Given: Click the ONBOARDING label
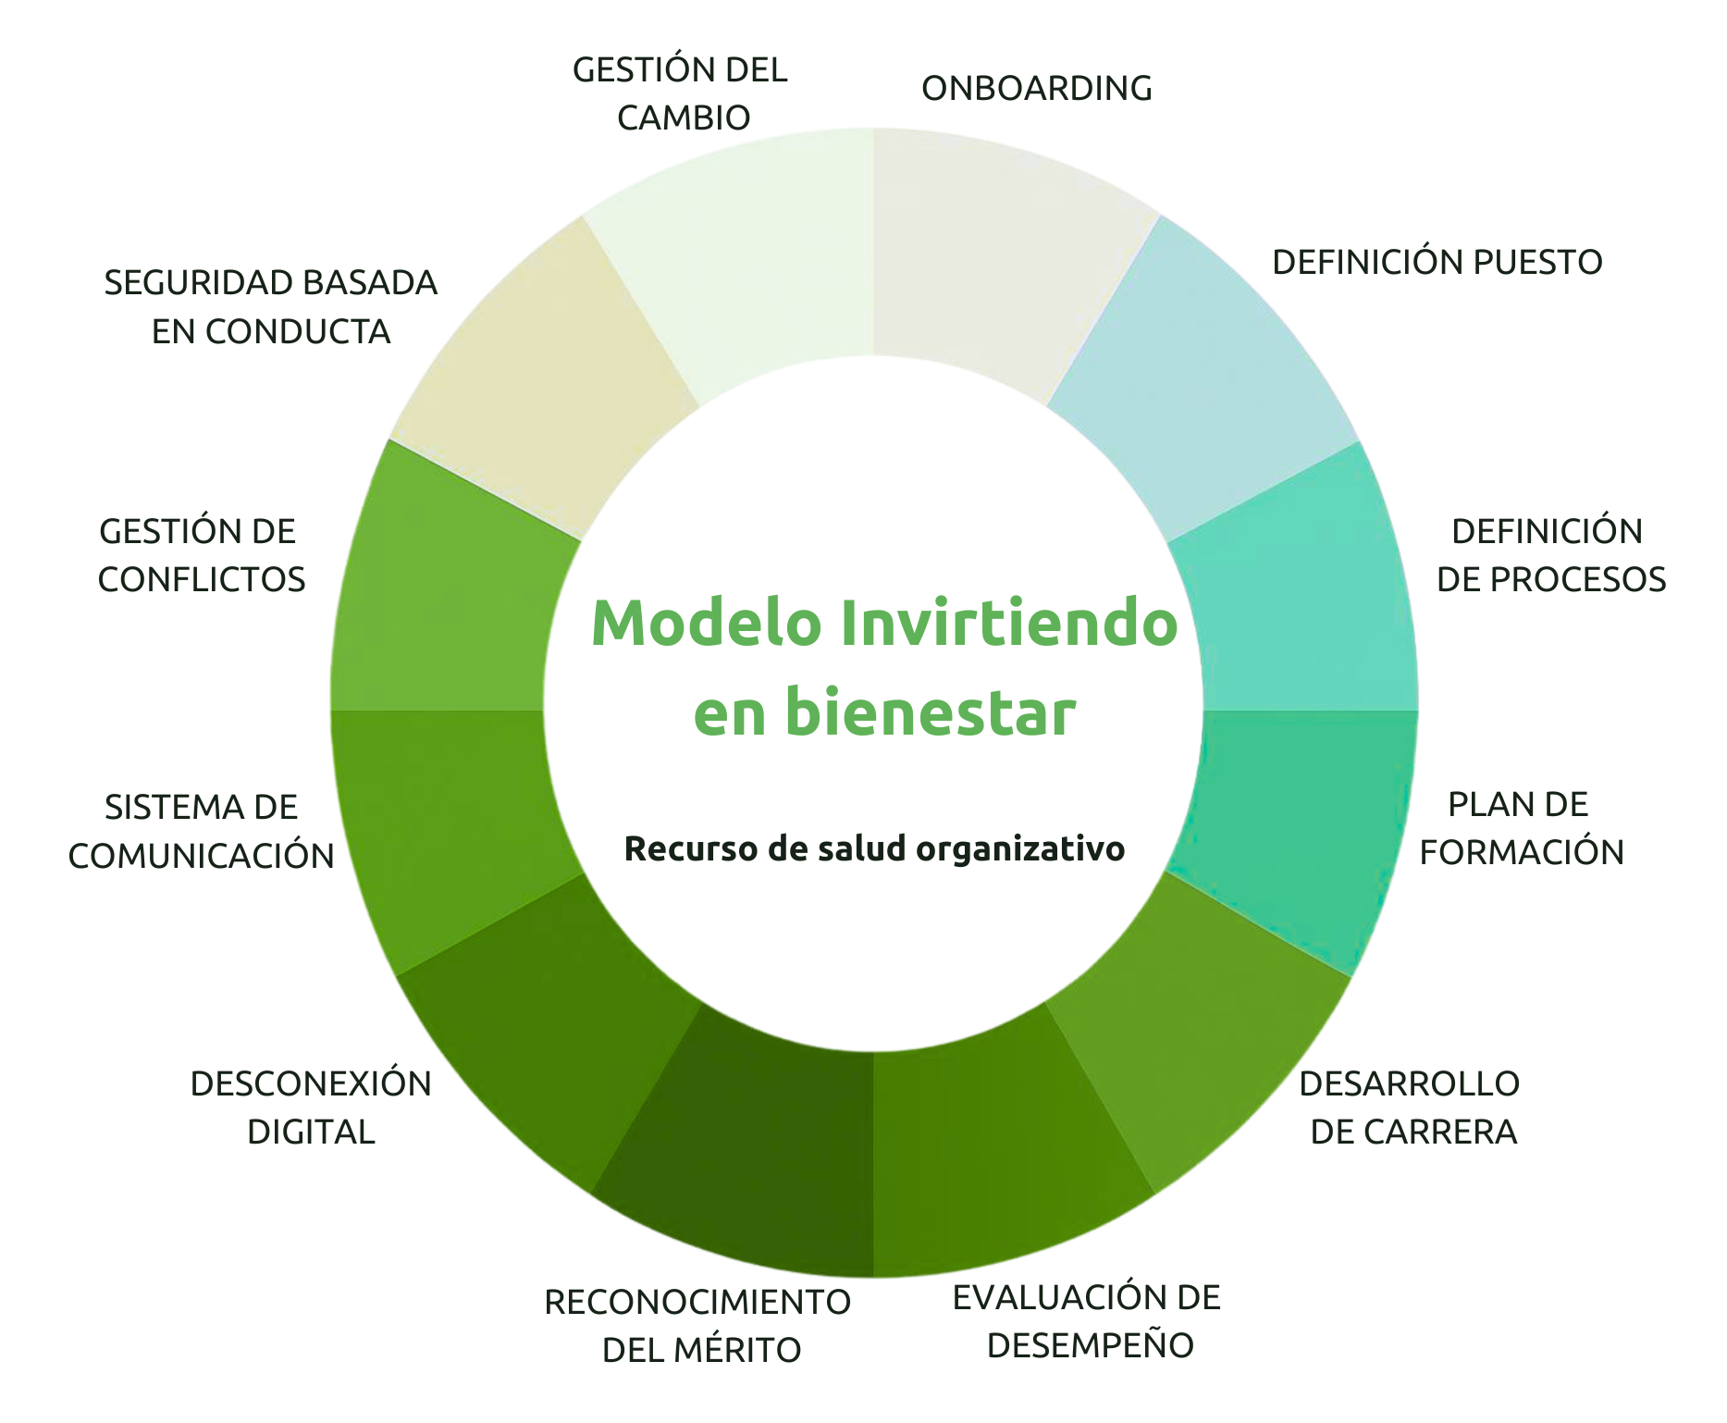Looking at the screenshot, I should (x=1036, y=89).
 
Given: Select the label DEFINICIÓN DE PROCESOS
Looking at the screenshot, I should (x=1549, y=555).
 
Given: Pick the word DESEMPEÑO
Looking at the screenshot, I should (x=1090, y=1345).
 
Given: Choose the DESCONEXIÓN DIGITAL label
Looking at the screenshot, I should (x=311, y=1107).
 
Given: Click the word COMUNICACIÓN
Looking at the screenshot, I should (x=201, y=857).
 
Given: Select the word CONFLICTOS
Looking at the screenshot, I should (x=201, y=580).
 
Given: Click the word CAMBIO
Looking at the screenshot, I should (x=683, y=118).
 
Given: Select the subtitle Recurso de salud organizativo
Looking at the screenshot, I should (x=874, y=848).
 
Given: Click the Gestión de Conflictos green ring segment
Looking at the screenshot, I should (x=444, y=592).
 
